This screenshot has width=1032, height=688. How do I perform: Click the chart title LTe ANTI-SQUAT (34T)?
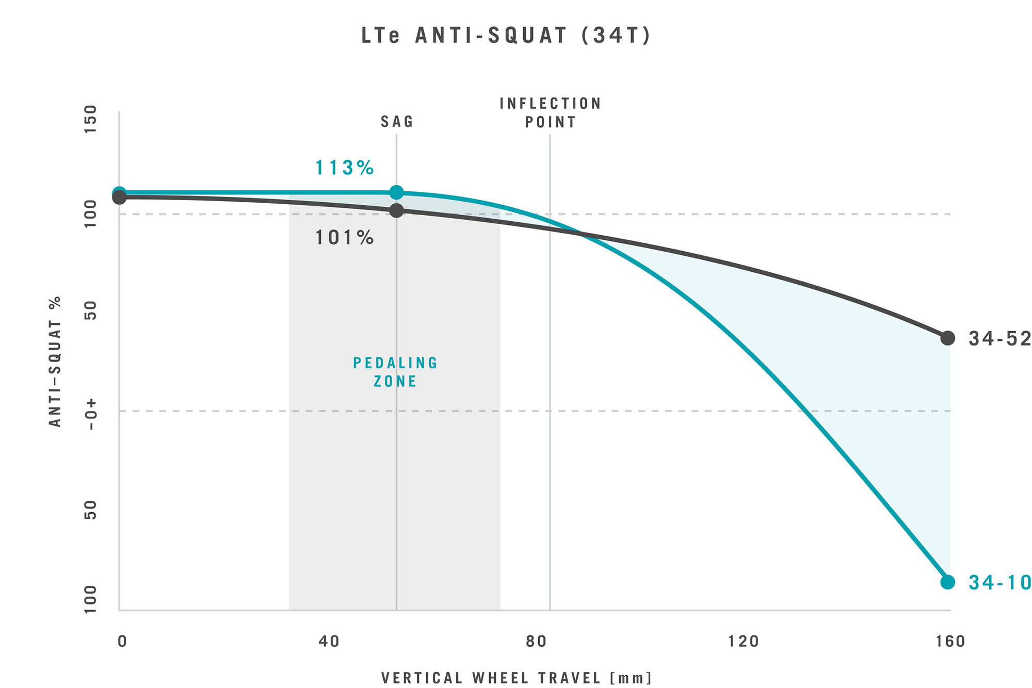(x=506, y=36)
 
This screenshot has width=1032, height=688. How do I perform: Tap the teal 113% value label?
(x=344, y=168)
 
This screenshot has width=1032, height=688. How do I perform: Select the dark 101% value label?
(x=344, y=238)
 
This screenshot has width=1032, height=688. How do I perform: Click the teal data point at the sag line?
(x=396, y=192)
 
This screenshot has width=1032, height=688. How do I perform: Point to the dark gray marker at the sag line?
(x=396, y=210)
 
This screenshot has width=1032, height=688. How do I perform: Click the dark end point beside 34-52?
(x=947, y=338)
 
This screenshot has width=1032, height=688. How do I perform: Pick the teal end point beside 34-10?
(x=947, y=582)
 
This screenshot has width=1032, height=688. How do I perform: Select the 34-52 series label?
(x=999, y=338)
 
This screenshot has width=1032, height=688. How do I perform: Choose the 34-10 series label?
(x=999, y=582)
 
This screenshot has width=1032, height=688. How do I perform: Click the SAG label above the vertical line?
(x=397, y=122)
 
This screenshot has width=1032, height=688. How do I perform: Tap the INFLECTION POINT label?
(x=550, y=113)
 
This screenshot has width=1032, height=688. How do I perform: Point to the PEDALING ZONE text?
(x=395, y=372)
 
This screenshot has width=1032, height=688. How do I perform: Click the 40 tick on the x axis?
(x=329, y=642)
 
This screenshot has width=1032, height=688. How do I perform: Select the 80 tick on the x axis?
(x=536, y=642)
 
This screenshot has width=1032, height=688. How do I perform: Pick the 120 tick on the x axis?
(x=744, y=642)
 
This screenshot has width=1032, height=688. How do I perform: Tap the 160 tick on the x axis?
(x=950, y=642)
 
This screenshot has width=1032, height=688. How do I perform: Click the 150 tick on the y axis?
(x=91, y=119)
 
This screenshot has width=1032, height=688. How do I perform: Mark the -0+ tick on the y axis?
(x=91, y=414)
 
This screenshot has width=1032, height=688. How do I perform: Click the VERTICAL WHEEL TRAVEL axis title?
(x=517, y=678)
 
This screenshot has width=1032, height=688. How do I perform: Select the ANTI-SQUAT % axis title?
(x=55, y=361)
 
